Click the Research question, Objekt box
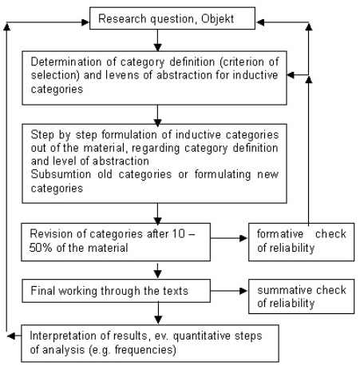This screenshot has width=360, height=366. tap(157, 17)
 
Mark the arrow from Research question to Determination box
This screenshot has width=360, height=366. tap(158, 39)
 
